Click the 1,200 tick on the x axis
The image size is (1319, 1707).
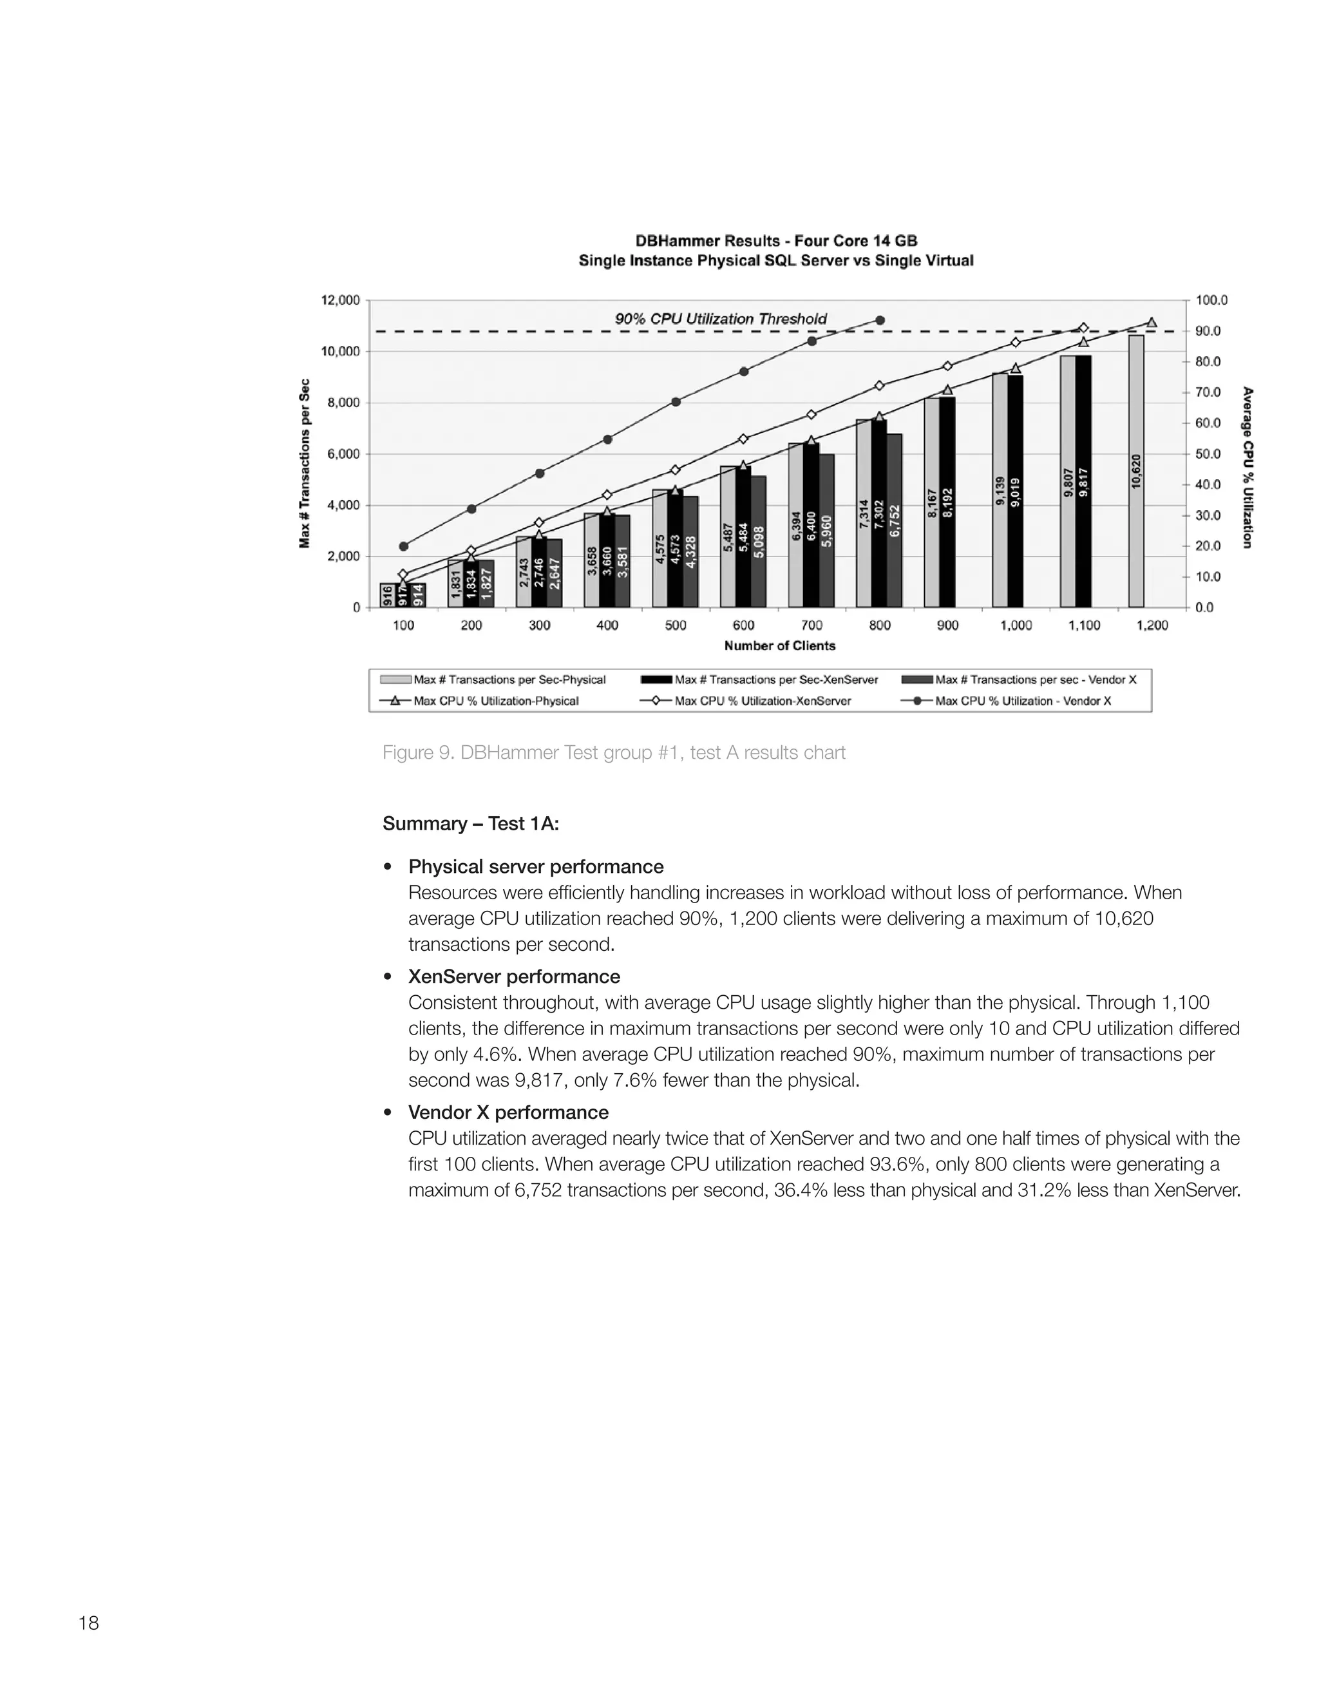pos(1152,625)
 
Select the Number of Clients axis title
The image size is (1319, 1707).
pos(779,645)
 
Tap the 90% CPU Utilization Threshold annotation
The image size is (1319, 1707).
pos(721,319)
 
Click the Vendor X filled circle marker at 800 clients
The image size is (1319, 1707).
pos(880,320)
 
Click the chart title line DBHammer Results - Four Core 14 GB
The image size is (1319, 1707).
pos(776,241)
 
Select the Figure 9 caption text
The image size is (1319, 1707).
pos(613,752)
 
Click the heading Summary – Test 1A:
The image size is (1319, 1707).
pos(470,824)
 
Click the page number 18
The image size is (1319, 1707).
pos(88,1623)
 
